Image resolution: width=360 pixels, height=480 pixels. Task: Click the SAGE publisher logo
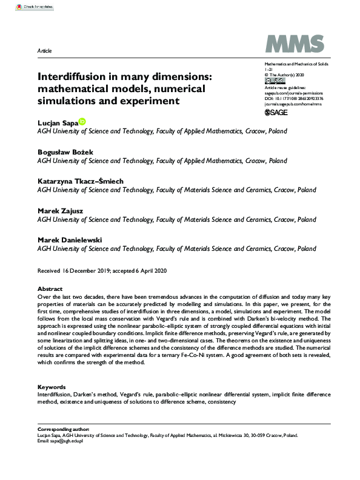coord(277,112)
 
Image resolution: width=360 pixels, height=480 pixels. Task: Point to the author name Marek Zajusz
coord(61,210)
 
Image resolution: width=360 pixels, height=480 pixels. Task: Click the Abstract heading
coord(50,289)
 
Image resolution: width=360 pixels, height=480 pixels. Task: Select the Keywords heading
coord(52,386)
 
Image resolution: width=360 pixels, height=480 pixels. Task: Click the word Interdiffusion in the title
coord(76,78)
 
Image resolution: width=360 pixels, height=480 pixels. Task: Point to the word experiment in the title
coord(150,101)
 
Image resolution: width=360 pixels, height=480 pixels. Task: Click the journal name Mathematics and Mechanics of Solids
coord(293,64)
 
